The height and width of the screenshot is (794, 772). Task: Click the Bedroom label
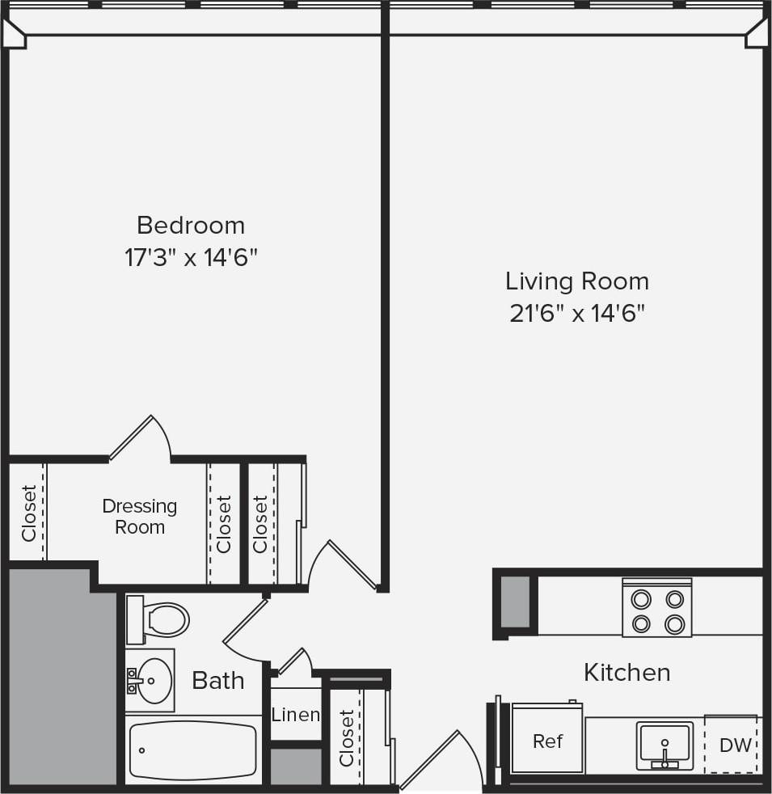pos(191,224)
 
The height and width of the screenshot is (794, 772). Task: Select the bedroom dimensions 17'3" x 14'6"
pos(191,258)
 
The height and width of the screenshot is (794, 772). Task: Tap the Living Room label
pos(577,281)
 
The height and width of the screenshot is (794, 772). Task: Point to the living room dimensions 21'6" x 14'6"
pos(577,314)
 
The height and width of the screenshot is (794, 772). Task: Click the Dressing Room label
pos(139,517)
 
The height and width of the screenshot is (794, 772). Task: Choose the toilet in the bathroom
pos(159,619)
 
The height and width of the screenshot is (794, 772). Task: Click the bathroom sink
pos(151,680)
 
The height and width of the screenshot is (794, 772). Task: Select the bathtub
pos(193,751)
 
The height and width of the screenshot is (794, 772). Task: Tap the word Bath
pos(218,681)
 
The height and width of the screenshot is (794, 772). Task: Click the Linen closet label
pos(295,715)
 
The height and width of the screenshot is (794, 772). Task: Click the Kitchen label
pos(626,672)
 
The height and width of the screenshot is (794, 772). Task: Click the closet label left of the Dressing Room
pos(29,513)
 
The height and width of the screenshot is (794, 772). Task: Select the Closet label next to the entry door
pos(346,737)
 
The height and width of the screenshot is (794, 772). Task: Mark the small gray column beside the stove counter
pos(515,602)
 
